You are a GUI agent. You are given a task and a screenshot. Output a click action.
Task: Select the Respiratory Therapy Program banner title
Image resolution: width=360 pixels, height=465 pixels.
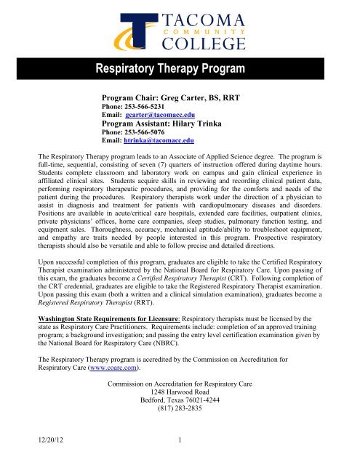180,70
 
